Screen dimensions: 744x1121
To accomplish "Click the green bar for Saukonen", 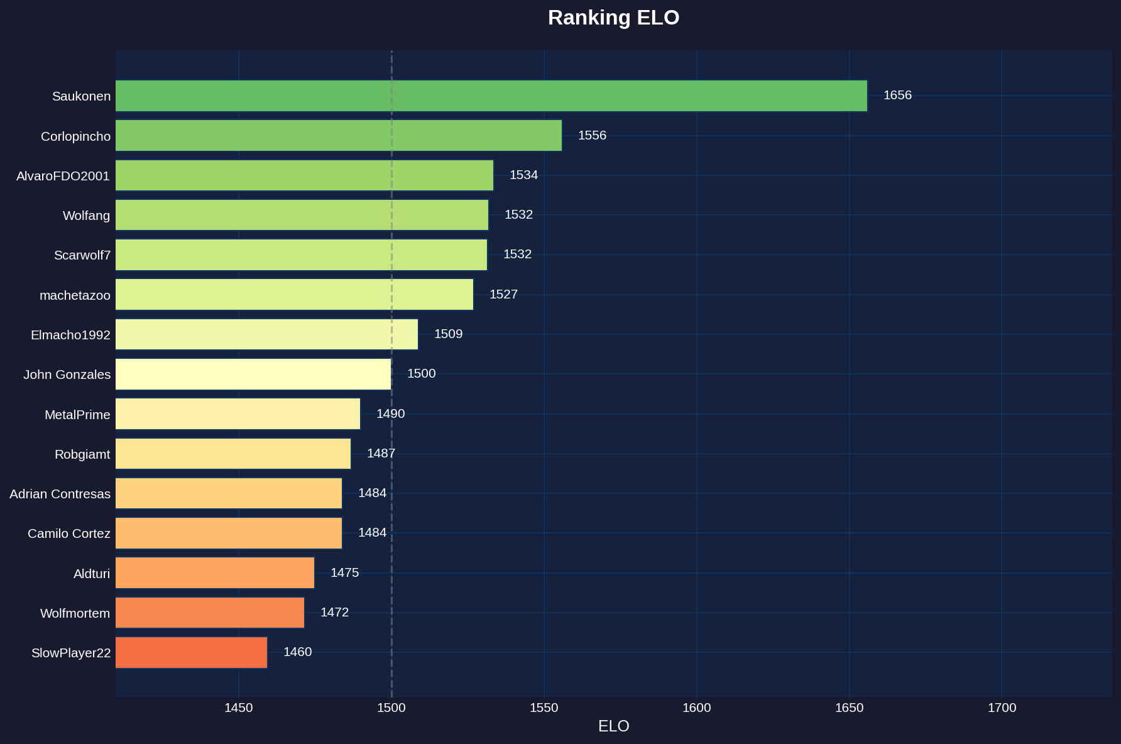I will tap(491, 96).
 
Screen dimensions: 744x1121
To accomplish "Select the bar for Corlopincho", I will tap(338, 136).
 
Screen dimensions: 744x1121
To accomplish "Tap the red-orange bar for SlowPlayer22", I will tap(191, 652).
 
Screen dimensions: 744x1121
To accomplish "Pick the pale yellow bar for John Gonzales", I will tap(253, 374).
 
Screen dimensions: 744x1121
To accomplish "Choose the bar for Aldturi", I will tap(214, 572).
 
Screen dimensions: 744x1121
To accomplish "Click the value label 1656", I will tap(897, 96).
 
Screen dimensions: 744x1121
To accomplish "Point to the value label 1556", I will tap(592, 136).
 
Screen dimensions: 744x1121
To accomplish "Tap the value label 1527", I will tap(503, 295).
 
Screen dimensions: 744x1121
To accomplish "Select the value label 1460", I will tap(297, 652).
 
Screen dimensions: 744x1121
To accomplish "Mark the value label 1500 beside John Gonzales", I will tap(421, 374).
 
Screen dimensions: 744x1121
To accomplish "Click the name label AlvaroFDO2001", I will tap(63, 176).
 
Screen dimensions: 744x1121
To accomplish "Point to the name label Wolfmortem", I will tap(75, 613).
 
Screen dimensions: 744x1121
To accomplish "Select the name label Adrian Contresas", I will tap(60, 494).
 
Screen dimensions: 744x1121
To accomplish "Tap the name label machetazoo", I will tap(75, 295).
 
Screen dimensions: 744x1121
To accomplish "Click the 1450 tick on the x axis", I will tap(239, 708).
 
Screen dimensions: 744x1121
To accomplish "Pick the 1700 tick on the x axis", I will tap(1002, 708).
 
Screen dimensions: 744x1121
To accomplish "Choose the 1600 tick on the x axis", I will tap(696, 708).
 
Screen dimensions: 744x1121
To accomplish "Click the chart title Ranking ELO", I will tap(613, 18).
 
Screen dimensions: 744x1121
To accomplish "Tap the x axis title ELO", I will tap(613, 726).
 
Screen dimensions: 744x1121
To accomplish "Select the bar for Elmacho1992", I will tap(266, 334).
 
